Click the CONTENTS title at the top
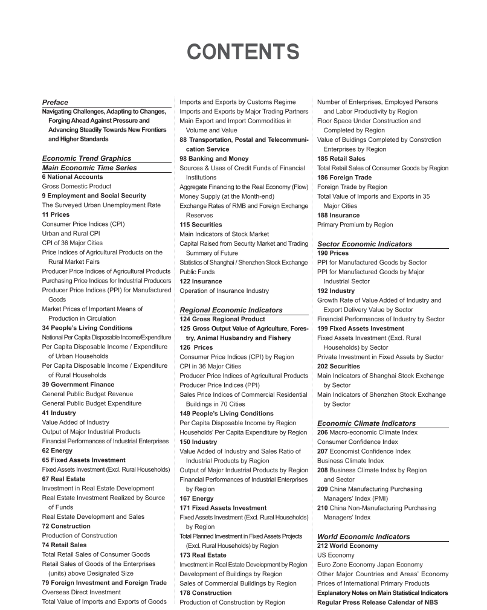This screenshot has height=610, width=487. (243, 52)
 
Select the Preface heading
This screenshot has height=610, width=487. (55, 102)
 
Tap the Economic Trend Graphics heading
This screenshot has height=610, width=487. (86, 158)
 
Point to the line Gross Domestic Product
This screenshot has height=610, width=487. (77, 187)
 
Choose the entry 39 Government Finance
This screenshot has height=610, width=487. (78, 384)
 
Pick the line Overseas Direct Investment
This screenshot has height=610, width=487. (81, 592)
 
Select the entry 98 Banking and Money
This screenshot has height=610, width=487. (214, 158)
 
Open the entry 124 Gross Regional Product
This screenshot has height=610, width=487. (222, 319)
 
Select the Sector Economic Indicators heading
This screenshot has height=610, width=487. (364, 244)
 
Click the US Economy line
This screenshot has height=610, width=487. (335, 555)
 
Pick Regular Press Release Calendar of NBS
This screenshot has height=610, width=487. (377, 602)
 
